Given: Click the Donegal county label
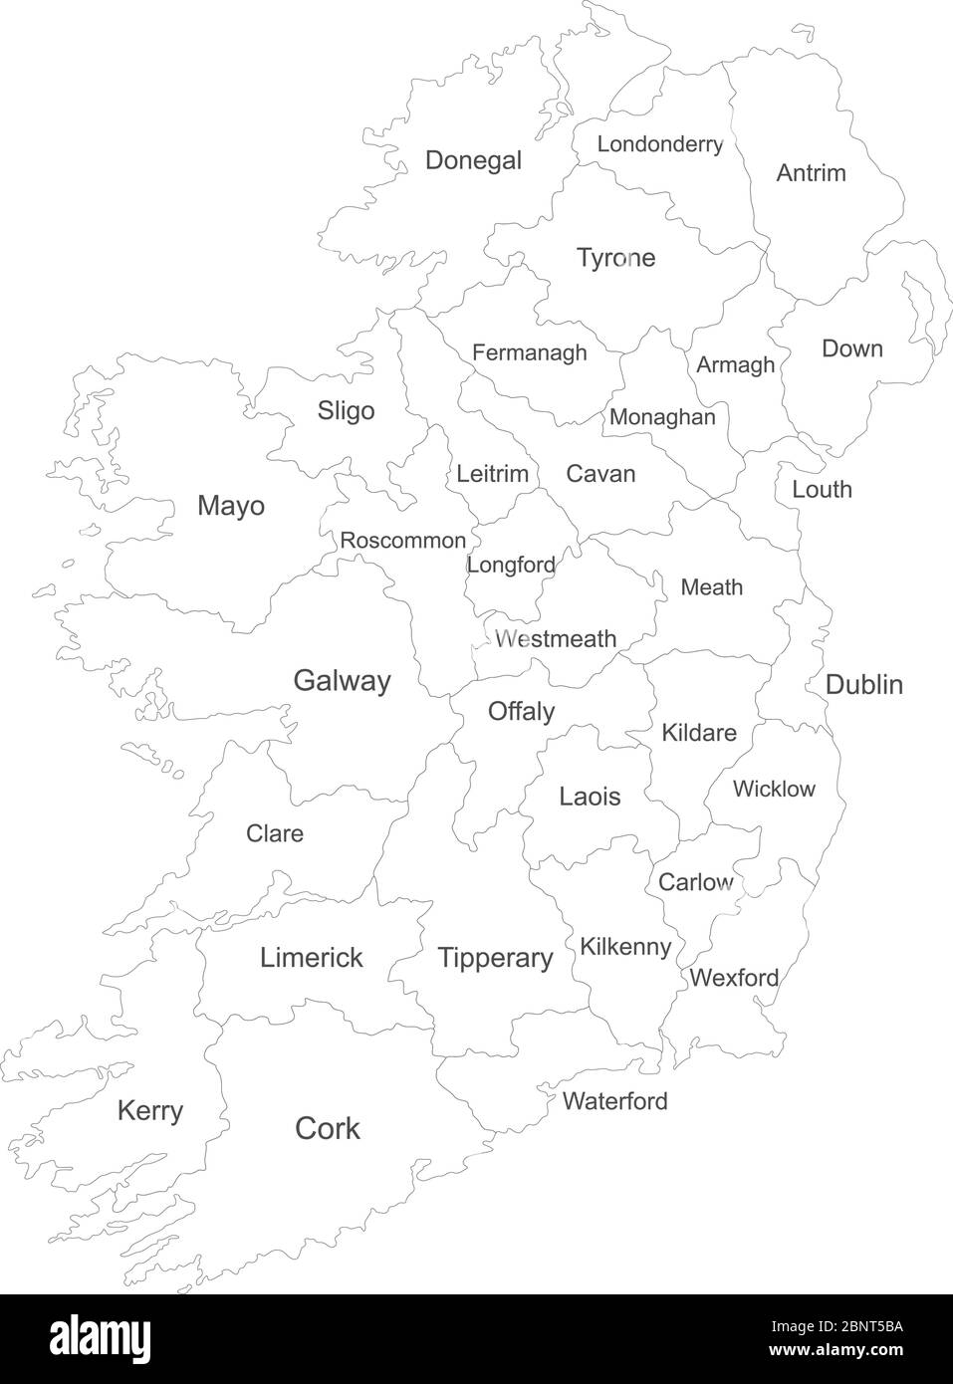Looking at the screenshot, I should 473,160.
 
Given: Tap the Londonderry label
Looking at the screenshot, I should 659,144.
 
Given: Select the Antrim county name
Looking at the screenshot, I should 811,173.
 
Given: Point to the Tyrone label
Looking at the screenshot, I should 615,258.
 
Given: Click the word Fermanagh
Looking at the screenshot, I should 529,352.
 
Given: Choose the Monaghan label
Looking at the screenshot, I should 662,417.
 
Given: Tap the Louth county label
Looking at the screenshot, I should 822,489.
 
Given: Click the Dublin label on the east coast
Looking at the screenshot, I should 863,684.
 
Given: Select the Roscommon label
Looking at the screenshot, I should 402,541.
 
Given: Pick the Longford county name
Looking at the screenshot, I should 511,565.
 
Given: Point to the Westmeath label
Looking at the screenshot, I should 556,638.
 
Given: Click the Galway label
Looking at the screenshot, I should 342,681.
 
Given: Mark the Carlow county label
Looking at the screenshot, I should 695,882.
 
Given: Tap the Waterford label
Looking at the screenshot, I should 614,1101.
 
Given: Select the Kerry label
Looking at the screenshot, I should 149,1110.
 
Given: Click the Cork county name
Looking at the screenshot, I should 328,1128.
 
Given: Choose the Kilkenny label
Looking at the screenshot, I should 624,946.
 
